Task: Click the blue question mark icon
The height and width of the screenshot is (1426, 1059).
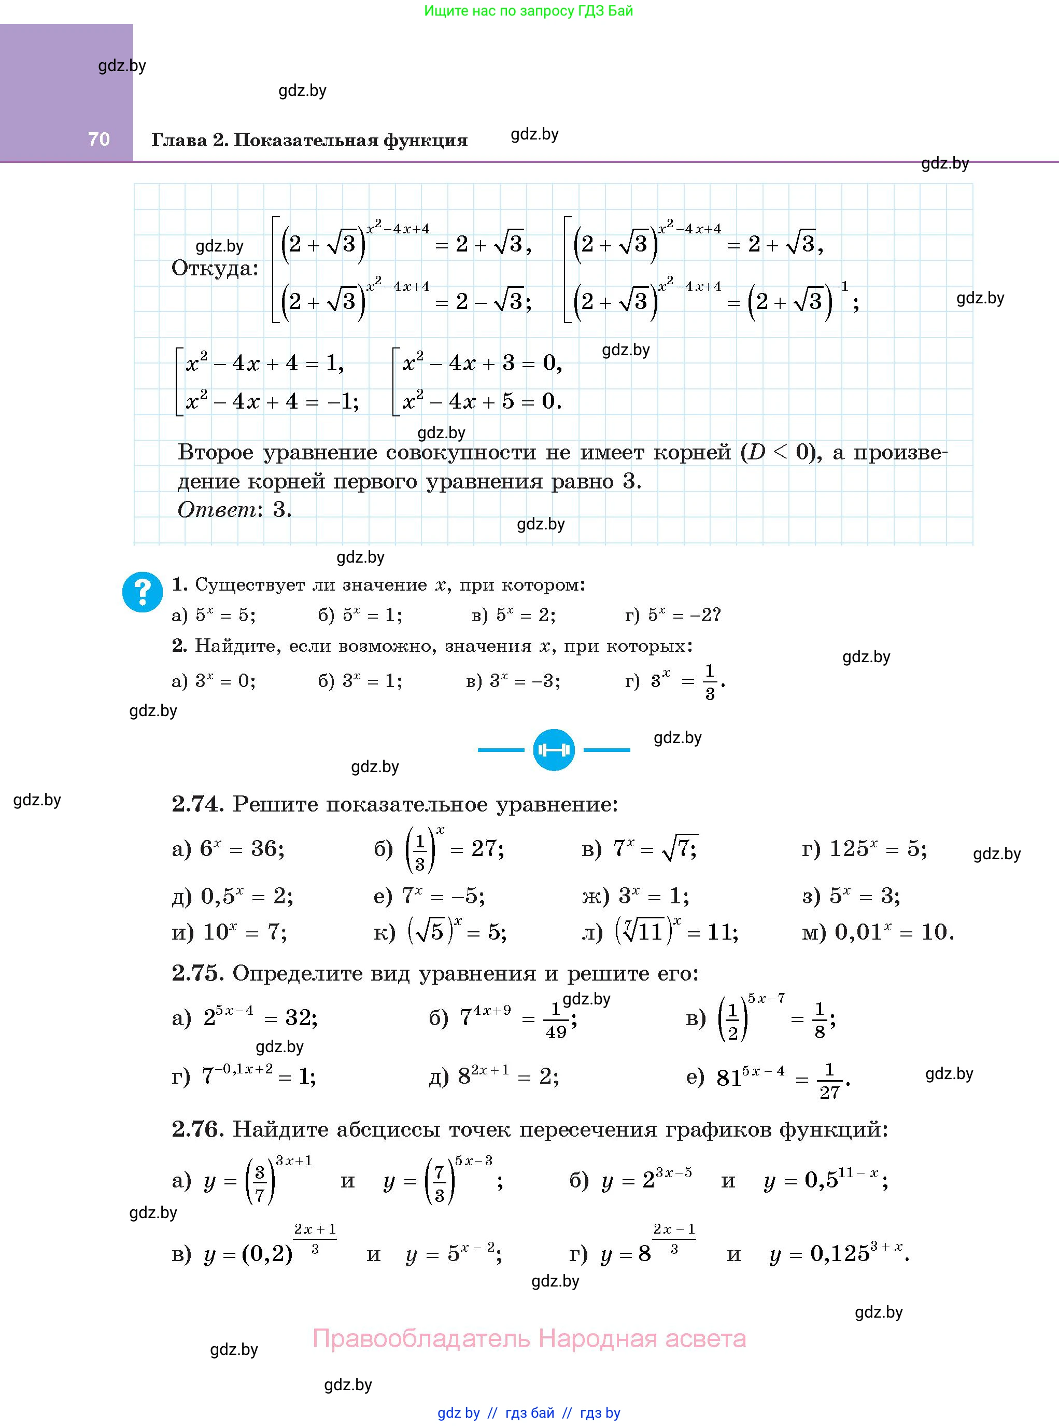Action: tap(143, 591)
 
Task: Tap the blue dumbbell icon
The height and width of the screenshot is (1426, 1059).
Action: tap(553, 749)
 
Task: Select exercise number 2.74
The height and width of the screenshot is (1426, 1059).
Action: tap(196, 804)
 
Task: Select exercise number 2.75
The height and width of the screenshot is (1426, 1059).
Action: tap(196, 973)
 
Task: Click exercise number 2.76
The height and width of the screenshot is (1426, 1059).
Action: tap(196, 1129)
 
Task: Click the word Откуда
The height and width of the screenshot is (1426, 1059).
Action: tap(215, 268)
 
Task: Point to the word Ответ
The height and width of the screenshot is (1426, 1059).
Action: tap(217, 509)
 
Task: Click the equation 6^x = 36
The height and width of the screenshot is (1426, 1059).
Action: tap(242, 849)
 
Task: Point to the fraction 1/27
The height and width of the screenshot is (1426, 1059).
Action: tap(829, 1081)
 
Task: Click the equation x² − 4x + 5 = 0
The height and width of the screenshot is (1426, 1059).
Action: tap(482, 401)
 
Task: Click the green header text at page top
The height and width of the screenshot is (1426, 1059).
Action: tap(528, 11)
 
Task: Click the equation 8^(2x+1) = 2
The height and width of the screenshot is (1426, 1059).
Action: tap(507, 1076)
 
